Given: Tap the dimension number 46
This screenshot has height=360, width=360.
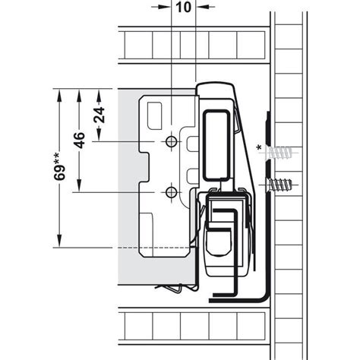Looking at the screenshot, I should click(x=79, y=141).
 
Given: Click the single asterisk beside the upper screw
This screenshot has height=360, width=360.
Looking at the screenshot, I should click(x=261, y=145).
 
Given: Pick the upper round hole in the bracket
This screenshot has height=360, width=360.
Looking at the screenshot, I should click(x=173, y=142).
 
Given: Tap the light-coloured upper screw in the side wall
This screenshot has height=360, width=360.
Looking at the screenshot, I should click(x=282, y=156).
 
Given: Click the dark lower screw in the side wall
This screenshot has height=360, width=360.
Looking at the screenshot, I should click(x=282, y=185).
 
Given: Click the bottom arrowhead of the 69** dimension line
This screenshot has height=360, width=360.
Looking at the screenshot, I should click(x=58, y=243).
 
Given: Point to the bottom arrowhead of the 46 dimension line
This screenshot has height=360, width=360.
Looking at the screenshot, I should click(x=79, y=190).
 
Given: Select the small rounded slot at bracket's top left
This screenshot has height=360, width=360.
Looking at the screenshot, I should click(x=153, y=114).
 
